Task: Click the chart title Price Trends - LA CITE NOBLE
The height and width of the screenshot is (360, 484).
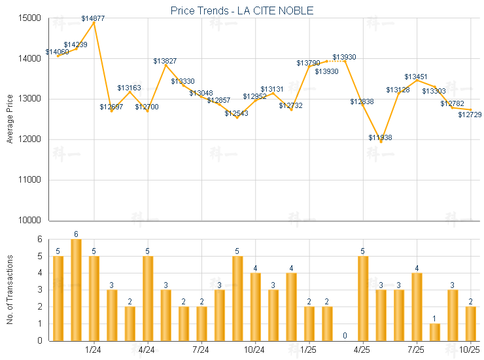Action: click(241, 10)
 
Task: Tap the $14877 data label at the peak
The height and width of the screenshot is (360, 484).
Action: click(93, 18)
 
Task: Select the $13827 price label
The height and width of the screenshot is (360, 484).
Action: click(165, 61)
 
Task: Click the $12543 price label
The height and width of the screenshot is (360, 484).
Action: click(236, 113)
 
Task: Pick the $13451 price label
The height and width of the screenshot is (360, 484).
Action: click(416, 77)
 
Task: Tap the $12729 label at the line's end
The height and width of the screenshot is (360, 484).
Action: click(470, 115)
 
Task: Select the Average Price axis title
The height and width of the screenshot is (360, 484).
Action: click(10, 120)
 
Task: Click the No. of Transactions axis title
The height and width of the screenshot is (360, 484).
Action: click(10, 289)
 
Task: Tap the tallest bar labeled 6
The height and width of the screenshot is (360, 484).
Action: click(76, 289)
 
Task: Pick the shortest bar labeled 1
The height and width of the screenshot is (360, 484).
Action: click(435, 332)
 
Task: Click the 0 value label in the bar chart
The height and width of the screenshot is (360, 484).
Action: click(345, 336)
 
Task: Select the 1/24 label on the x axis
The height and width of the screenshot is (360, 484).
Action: click(94, 350)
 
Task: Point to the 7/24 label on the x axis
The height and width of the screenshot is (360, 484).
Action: click(201, 350)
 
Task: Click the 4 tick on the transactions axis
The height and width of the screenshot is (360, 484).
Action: click(39, 273)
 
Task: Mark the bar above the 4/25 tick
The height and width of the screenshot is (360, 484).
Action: click(363, 298)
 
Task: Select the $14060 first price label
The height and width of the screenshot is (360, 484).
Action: click(57, 52)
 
